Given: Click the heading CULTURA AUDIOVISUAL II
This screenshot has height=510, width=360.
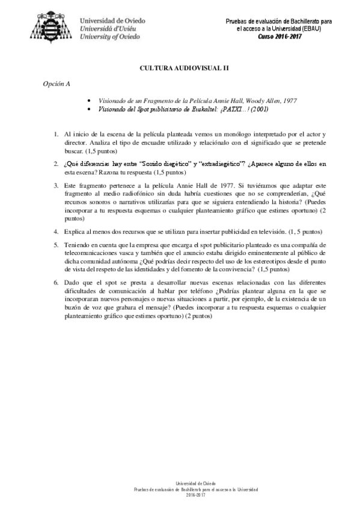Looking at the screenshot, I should (x=179, y=69).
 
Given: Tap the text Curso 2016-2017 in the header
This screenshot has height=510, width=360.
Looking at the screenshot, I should (x=279, y=36).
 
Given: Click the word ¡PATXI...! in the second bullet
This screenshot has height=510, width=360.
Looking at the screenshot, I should (x=222, y=109).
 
